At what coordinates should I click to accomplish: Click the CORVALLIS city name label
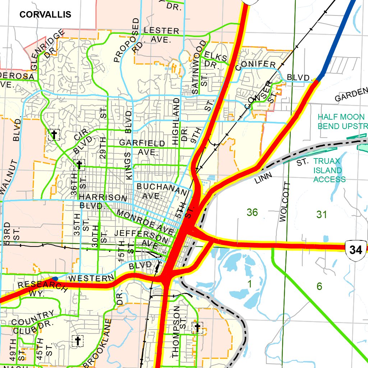click(45, 14)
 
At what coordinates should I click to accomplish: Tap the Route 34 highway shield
click(355, 249)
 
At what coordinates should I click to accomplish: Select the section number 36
click(252, 212)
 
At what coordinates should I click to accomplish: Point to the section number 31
click(322, 215)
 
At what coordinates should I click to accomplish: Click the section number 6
click(319, 286)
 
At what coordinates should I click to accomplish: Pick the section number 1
click(250, 284)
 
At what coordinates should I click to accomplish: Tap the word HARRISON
click(103, 198)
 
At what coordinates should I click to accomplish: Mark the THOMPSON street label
click(176, 331)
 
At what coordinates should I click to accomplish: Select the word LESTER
click(161, 31)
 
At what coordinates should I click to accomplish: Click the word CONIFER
click(256, 65)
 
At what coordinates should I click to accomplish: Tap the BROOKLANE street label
click(97, 344)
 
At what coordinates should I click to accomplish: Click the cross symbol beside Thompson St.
click(197, 327)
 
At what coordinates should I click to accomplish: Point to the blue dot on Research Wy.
click(55, 279)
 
